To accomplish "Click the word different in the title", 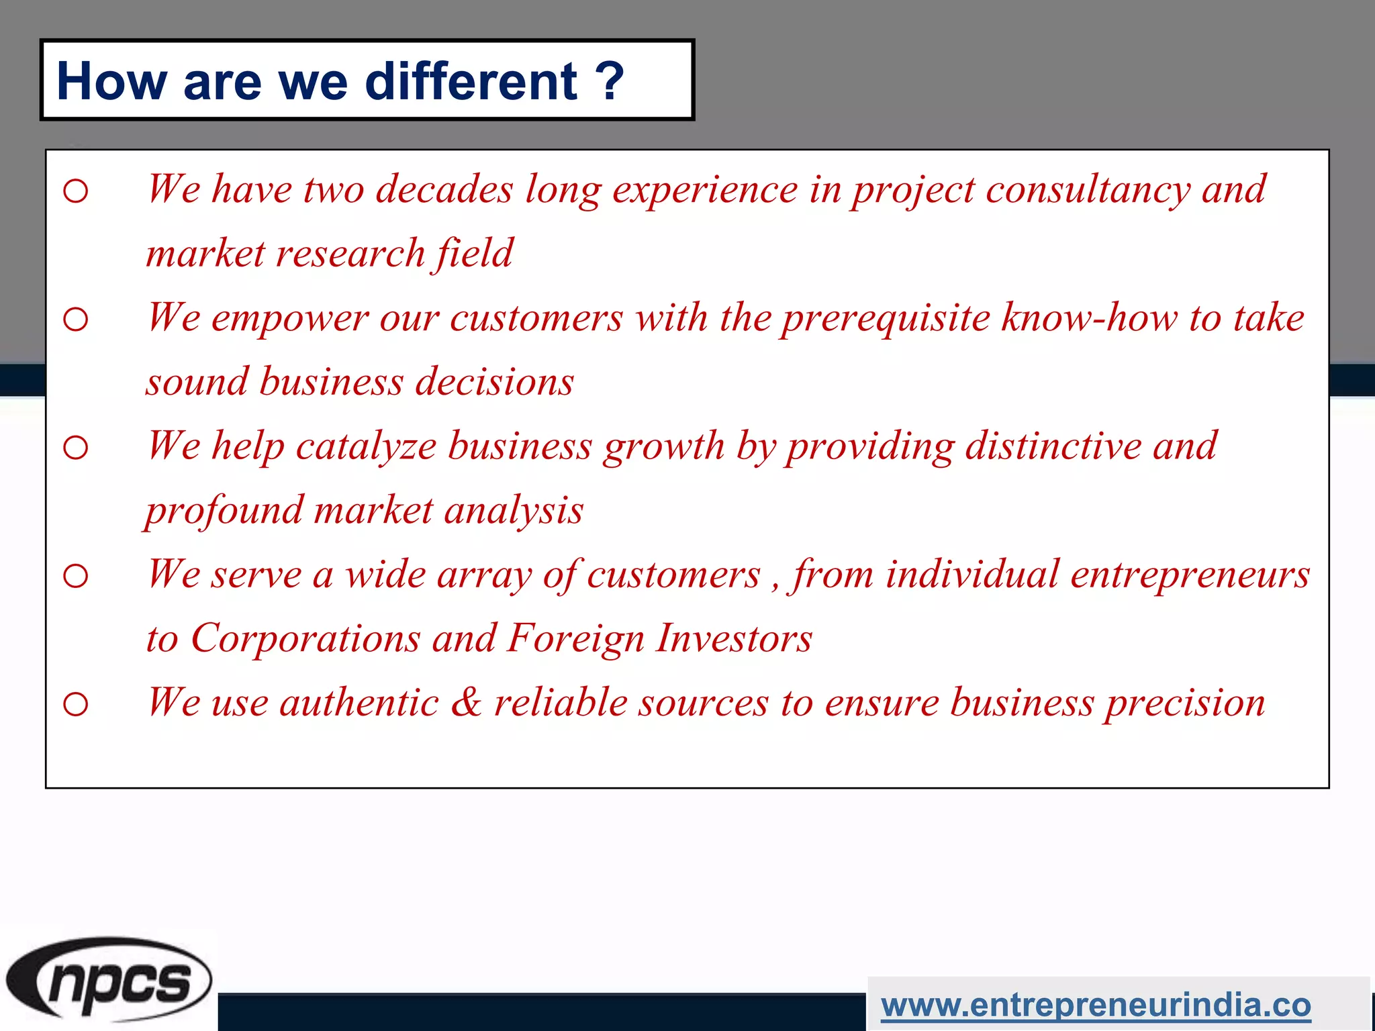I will coord(471,81).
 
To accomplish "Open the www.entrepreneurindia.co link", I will coord(1096,1005).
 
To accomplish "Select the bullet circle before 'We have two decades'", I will coord(76,191).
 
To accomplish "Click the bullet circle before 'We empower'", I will coord(76,320).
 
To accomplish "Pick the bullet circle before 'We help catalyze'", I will coord(76,448).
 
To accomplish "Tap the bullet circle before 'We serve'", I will coord(76,576).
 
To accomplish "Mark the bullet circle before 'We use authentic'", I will coord(76,704).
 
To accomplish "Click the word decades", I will coord(444,189).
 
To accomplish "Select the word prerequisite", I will coord(886,318).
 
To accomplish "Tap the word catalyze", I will coord(366,446).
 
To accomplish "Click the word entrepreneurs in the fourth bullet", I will coord(1190,575).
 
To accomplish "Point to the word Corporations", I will coord(305,638).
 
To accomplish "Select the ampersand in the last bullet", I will coord(466,702).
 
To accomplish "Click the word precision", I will coord(1185,703).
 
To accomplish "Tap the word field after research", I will coord(475,254).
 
